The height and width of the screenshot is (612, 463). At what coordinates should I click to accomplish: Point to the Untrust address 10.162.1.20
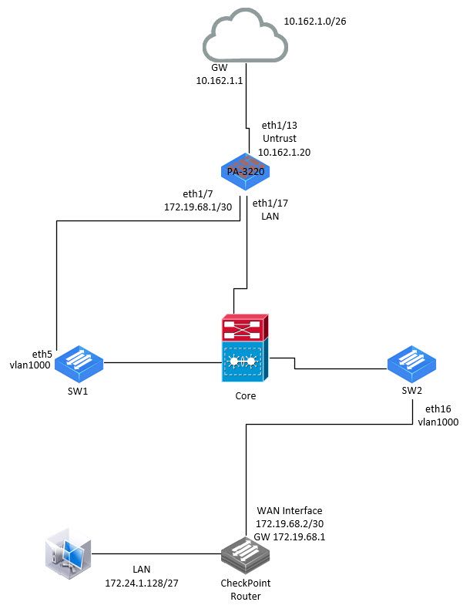tap(284, 152)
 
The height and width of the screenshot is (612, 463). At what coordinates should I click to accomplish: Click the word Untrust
tap(279, 138)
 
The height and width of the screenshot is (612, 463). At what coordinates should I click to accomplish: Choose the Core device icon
tap(245, 349)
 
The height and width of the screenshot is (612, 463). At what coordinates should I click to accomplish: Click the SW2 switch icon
tap(411, 362)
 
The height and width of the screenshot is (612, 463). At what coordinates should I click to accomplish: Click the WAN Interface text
tap(288, 511)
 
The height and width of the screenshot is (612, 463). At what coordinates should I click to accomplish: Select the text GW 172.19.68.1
tap(290, 537)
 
